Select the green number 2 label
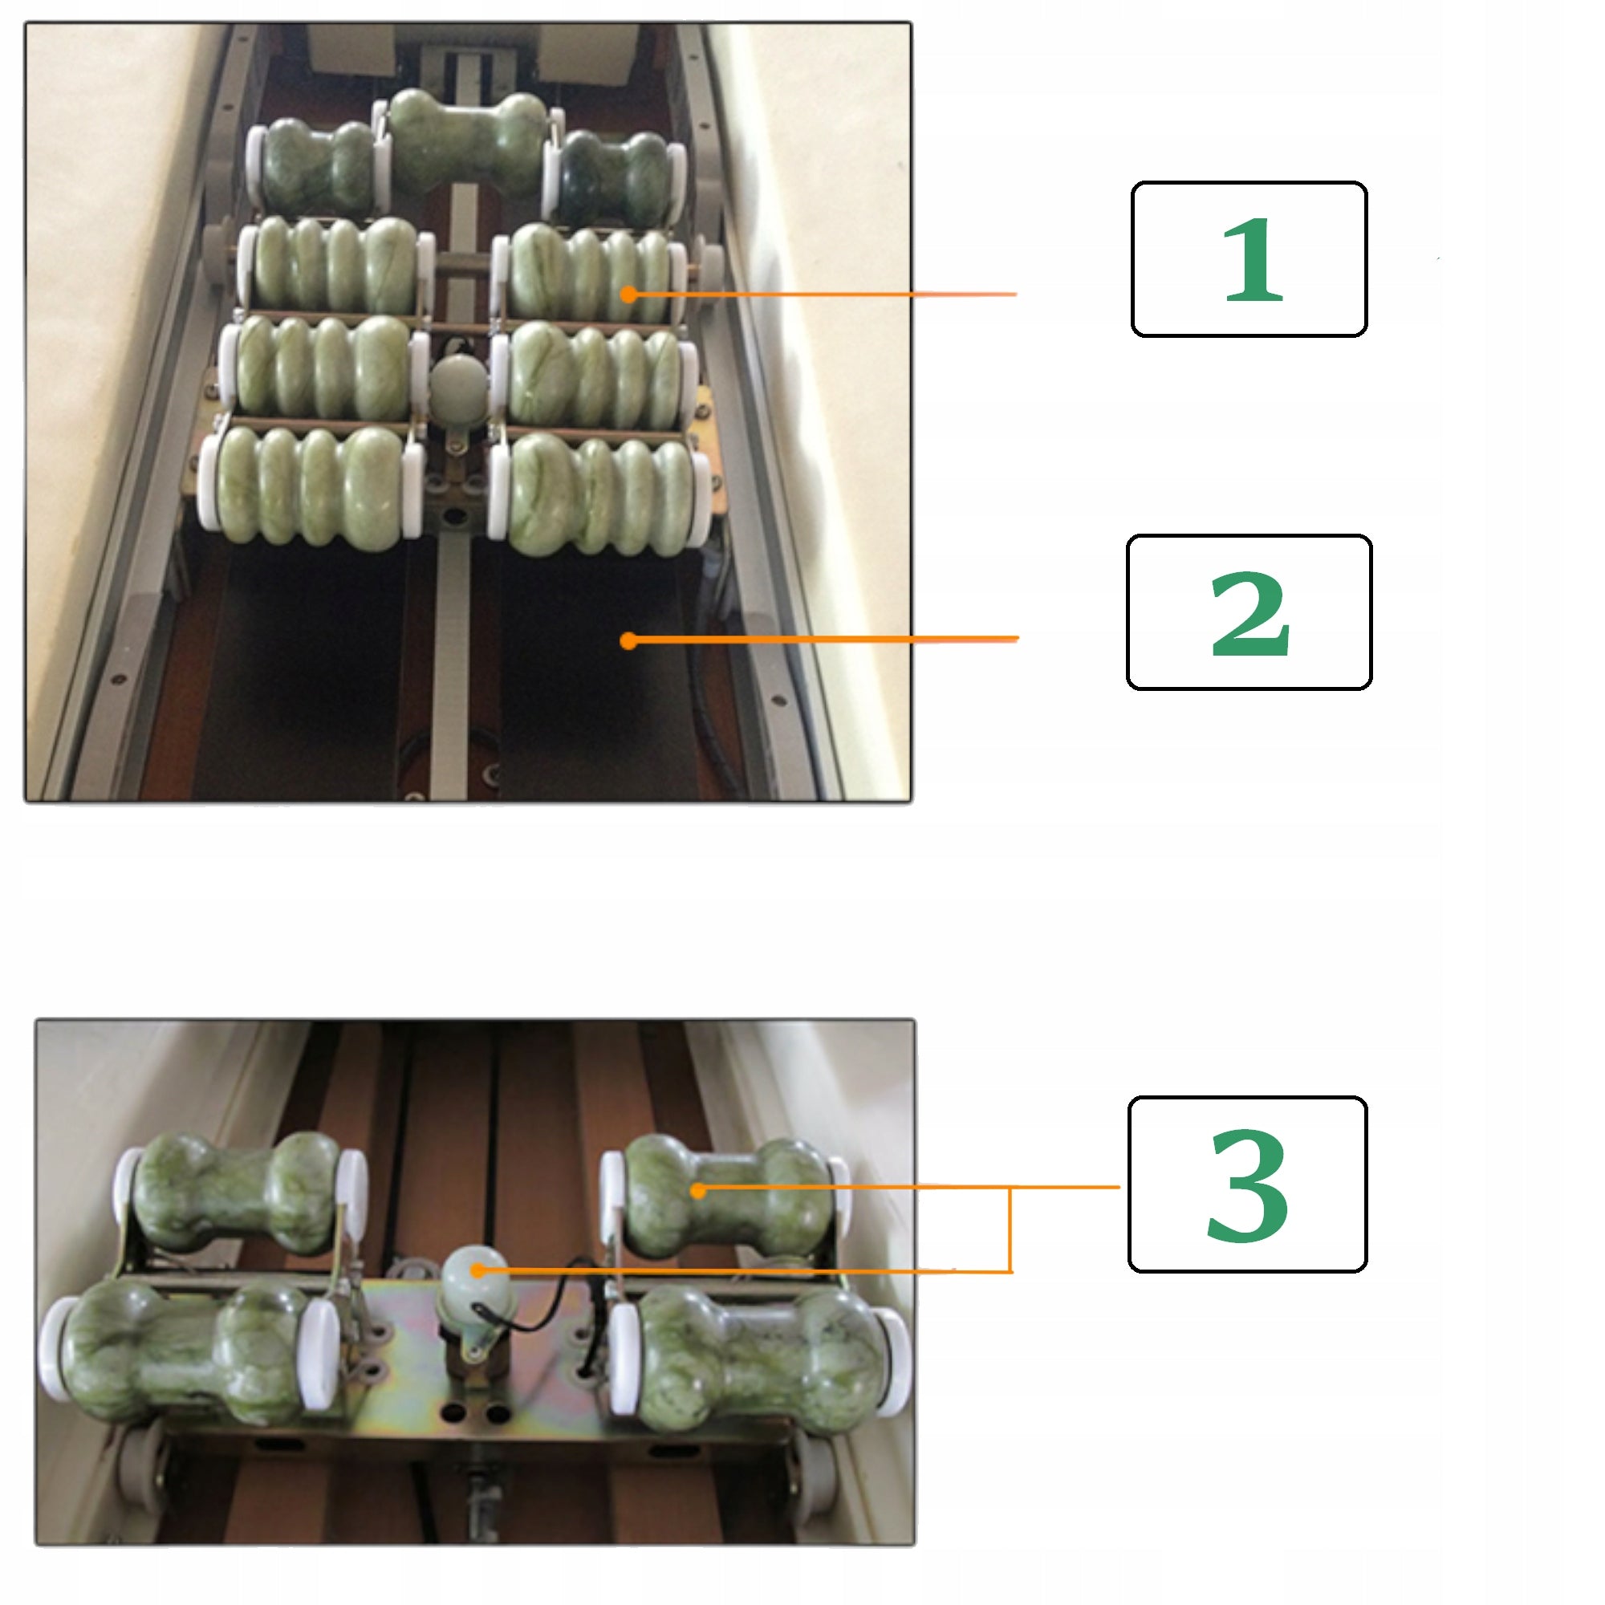(1250, 614)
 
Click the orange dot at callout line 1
(629, 293)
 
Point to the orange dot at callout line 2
(629, 640)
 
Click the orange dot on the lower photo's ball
(477, 1270)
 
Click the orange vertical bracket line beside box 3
(1010, 1229)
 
